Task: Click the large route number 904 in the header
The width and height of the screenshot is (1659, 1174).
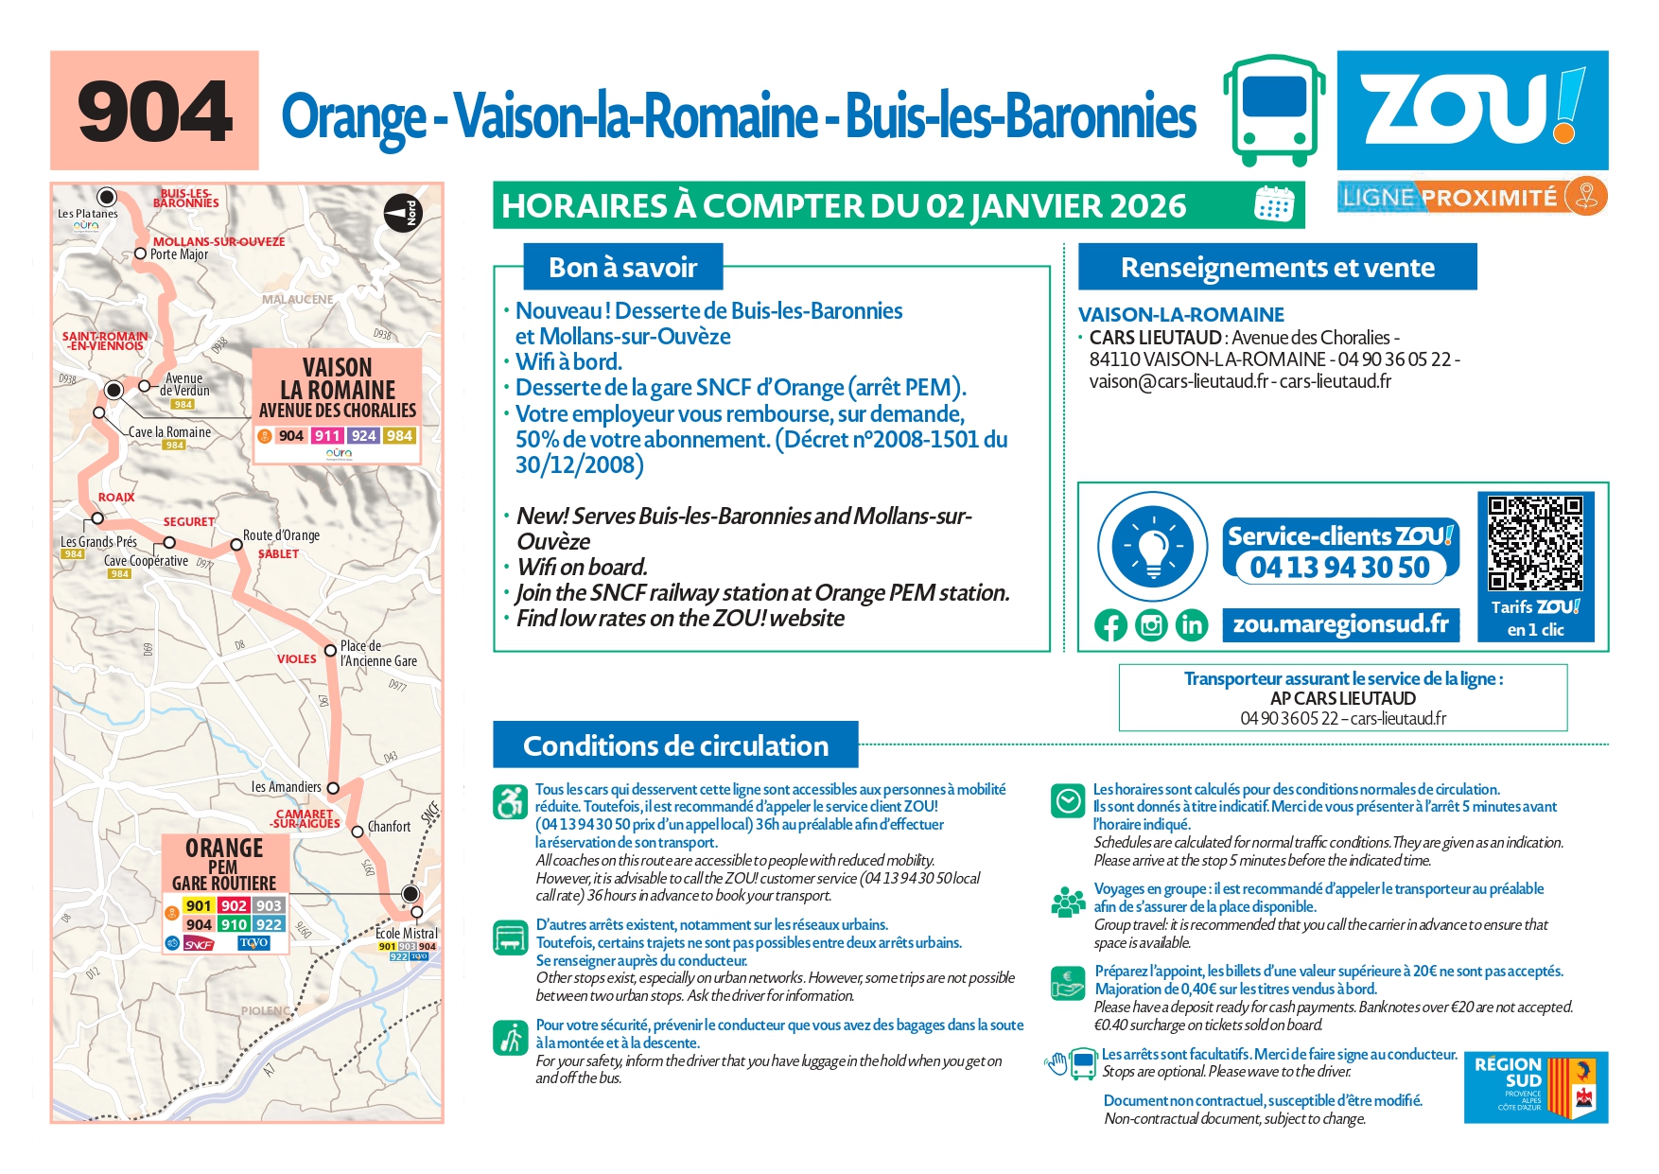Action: click(154, 112)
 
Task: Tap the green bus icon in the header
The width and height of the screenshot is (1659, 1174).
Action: click(1273, 110)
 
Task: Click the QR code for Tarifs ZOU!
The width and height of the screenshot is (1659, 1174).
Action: click(1534, 543)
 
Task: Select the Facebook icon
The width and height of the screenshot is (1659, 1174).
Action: click(1110, 625)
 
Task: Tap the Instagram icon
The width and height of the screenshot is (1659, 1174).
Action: click(1151, 625)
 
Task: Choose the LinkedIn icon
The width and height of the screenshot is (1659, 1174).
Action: click(1192, 625)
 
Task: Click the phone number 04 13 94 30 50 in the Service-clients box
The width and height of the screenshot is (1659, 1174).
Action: click(1339, 568)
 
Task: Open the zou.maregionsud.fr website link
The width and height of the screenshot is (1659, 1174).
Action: click(1340, 624)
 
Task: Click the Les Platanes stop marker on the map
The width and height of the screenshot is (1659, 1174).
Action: click(107, 197)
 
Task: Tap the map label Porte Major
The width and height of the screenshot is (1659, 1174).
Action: click(179, 254)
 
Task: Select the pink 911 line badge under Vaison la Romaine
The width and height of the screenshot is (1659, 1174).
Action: click(327, 436)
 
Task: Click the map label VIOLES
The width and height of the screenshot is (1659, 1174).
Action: click(296, 659)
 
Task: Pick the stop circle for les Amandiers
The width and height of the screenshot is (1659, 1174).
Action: click(333, 787)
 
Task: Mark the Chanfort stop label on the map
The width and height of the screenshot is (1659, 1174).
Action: click(389, 827)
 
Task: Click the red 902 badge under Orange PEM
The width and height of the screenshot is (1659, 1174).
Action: click(234, 905)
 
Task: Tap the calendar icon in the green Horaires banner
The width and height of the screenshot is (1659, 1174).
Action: click(1273, 204)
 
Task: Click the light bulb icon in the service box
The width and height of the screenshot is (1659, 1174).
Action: click(1152, 547)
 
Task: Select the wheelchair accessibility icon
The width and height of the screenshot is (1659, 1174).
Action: click(511, 802)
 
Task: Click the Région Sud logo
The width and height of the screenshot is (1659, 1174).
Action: click(1535, 1087)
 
